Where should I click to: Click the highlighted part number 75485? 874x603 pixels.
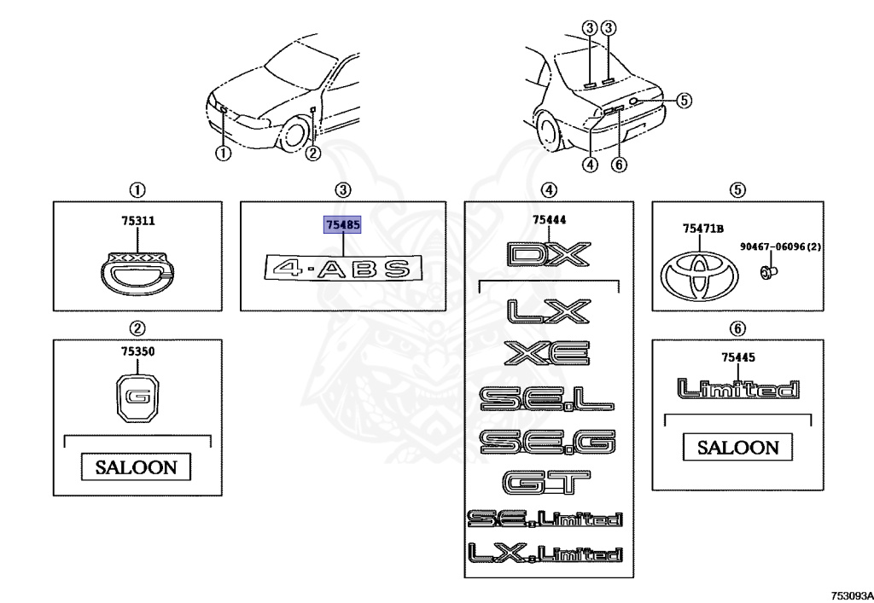[342, 225]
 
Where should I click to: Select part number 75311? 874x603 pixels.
[137, 221]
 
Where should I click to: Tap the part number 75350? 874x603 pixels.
[137, 351]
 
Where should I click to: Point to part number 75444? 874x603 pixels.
[549, 220]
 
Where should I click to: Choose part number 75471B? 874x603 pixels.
[702, 229]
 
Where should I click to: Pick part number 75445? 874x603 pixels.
[737, 357]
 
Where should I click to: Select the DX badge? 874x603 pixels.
[549, 254]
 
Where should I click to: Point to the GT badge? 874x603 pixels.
[547, 484]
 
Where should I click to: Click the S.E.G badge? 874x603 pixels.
[547, 441]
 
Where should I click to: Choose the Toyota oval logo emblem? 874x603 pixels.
[699, 274]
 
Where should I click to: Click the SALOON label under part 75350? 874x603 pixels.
[137, 467]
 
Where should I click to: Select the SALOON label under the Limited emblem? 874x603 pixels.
[737, 447]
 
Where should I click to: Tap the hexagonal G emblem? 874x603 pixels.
[137, 397]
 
